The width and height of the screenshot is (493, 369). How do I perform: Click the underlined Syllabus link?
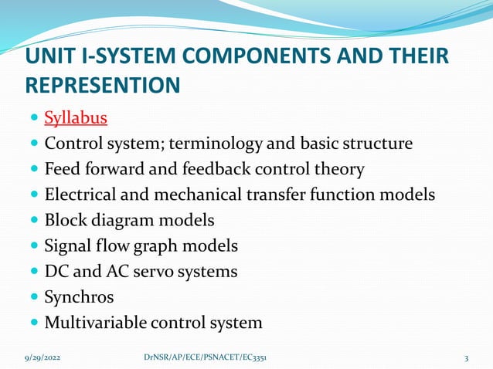pyautogui.click(x=75, y=118)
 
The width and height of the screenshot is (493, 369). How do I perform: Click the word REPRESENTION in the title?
pyautogui.click(x=103, y=85)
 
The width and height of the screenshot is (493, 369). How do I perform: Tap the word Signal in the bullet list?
pyautogui.click(x=67, y=245)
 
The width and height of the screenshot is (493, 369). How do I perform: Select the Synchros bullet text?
pyautogui.click(x=78, y=296)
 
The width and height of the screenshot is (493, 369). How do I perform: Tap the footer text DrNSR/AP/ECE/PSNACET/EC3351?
pyautogui.click(x=206, y=358)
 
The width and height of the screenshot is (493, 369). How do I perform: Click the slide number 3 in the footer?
pyautogui.click(x=467, y=358)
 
